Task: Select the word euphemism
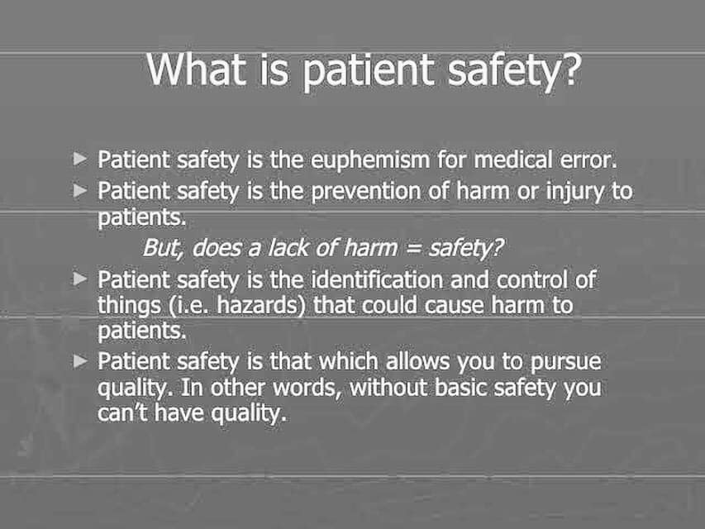click(x=370, y=160)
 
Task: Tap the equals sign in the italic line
click(x=413, y=249)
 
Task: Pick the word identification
click(x=377, y=280)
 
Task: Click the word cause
click(x=454, y=307)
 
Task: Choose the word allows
click(x=417, y=361)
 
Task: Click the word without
click(x=388, y=388)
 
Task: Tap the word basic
click(x=461, y=388)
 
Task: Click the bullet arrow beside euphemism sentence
click(x=80, y=159)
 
